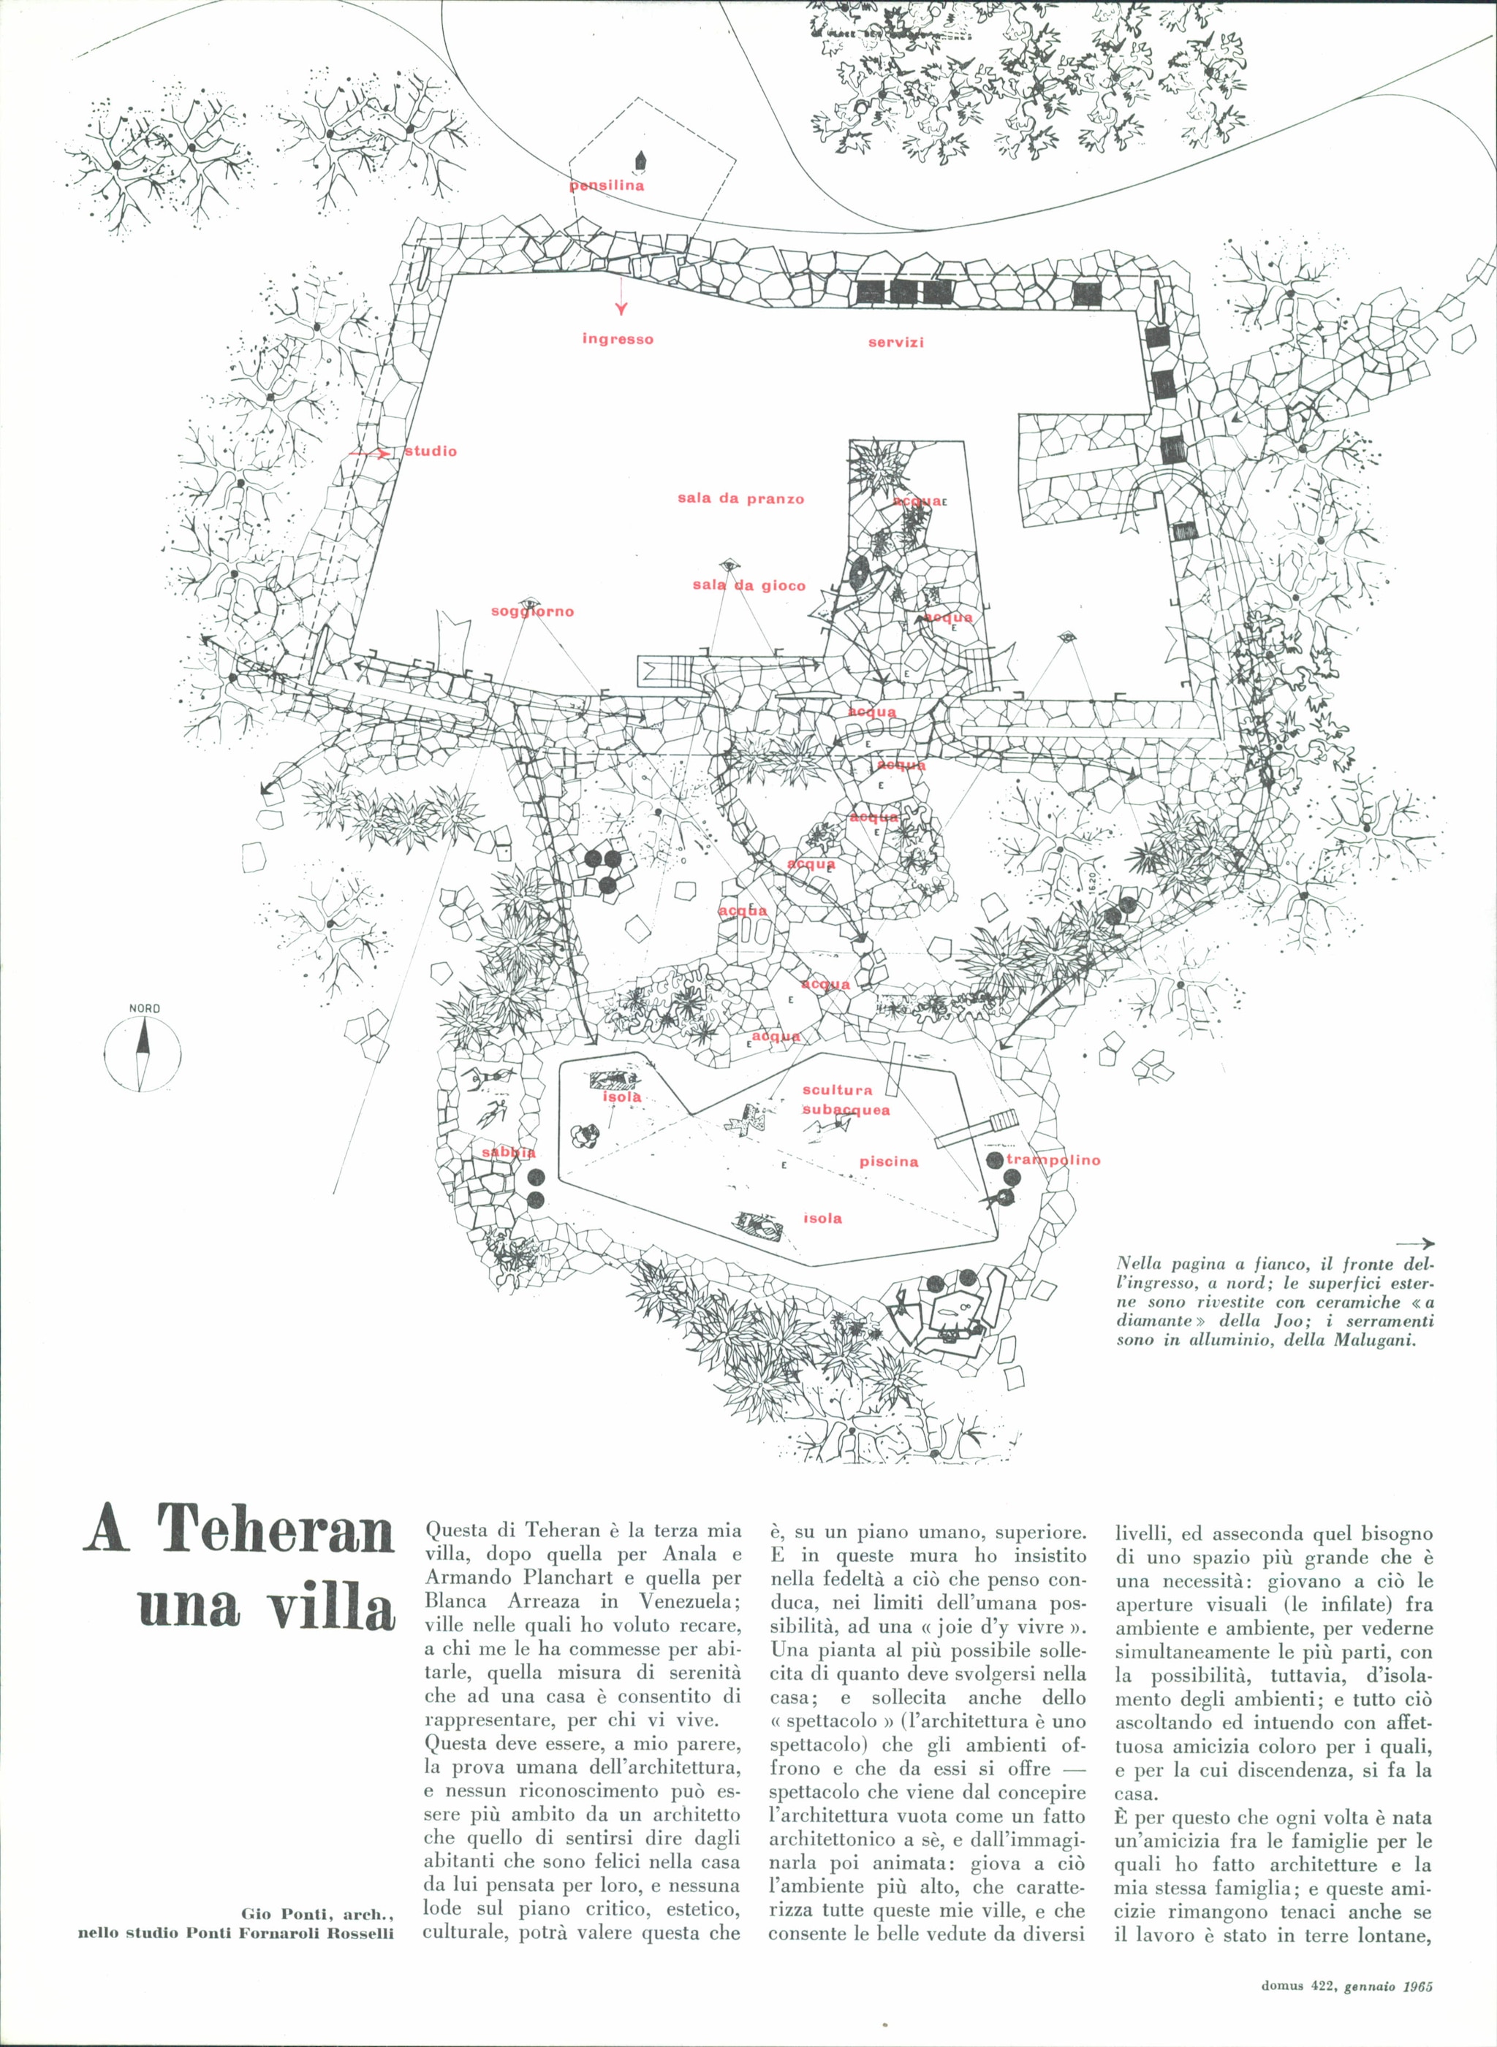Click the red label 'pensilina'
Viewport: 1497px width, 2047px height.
pyautogui.click(x=607, y=186)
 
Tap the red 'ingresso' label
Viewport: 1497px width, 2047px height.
pyautogui.click(x=617, y=340)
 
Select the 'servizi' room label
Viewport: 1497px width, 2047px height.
pyautogui.click(x=895, y=343)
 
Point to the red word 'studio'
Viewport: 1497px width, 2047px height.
pyautogui.click(x=431, y=451)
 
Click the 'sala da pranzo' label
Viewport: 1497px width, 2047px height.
pyautogui.click(x=740, y=499)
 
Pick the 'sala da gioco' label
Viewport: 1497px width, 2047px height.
pyautogui.click(x=748, y=585)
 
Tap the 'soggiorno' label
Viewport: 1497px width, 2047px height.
pyautogui.click(x=532, y=611)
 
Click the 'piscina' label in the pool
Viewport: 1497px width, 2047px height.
pyautogui.click(x=889, y=1161)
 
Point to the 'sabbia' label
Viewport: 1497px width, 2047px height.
pyautogui.click(x=508, y=1152)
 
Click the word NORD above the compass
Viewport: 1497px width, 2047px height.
pyautogui.click(x=144, y=1009)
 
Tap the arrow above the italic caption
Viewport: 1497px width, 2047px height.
pyautogui.click(x=1415, y=1243)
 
